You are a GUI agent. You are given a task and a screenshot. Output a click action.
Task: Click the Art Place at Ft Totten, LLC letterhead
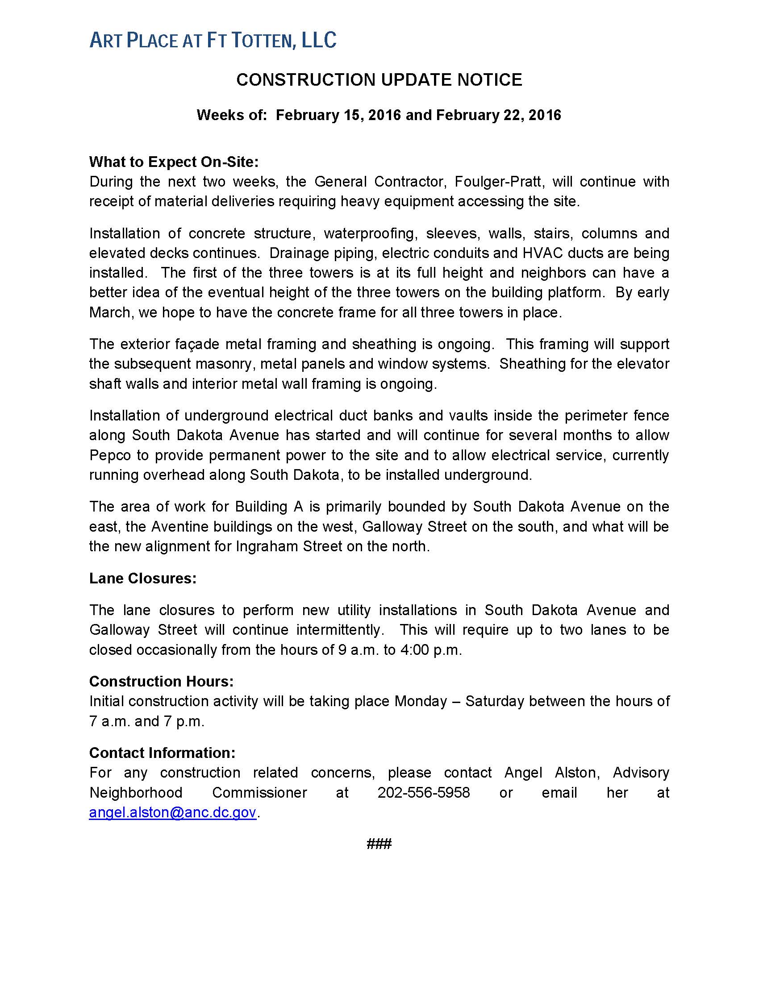point(213,41)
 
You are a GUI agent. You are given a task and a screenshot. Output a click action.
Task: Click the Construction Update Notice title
point(379,80)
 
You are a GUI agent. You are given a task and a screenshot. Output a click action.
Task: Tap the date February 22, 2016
point(498,115)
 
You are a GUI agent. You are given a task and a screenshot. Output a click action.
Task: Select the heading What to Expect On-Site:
point(174,162)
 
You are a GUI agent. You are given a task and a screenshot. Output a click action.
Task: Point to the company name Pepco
point(110,455)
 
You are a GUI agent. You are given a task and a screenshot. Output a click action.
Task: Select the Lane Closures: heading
point(143,578)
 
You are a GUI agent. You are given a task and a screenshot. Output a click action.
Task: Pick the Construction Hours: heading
point(162,682)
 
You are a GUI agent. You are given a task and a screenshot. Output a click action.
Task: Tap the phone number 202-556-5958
point(424,792)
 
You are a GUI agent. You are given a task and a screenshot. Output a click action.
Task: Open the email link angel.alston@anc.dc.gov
point(173,812)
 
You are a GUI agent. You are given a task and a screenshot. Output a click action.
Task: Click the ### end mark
point(379,844)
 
